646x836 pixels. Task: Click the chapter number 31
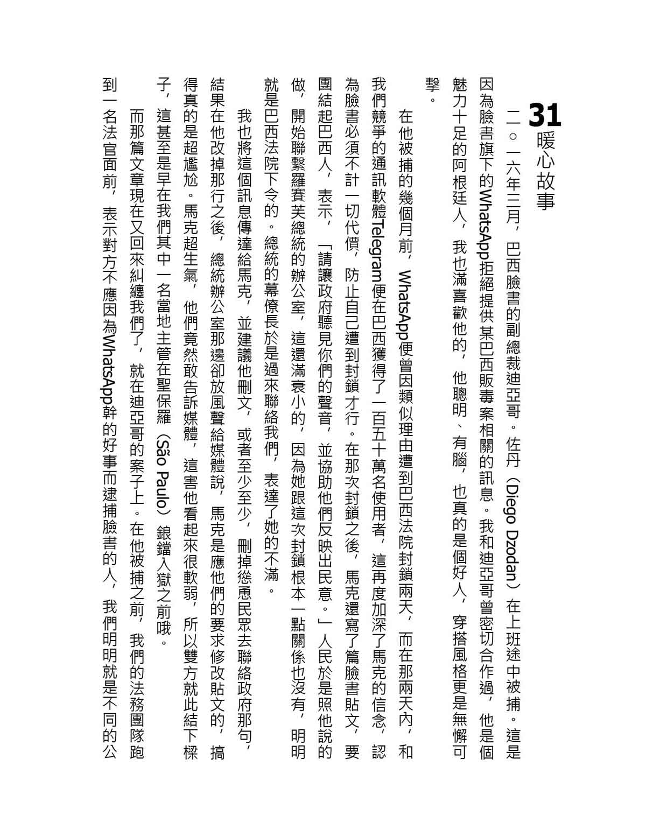[x=544, y=115]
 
